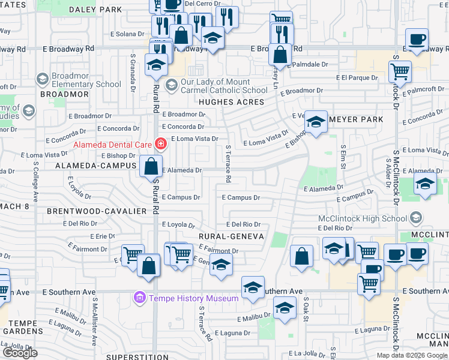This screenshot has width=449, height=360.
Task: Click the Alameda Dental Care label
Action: click(x=112, y=145)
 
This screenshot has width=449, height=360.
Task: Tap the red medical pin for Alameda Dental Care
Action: click(x=160, y=144)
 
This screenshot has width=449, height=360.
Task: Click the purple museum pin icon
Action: click(x=140, y=298)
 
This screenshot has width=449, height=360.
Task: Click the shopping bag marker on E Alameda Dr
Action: click(x=151, y=166)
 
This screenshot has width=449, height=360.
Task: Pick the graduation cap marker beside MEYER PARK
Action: click(x=316, y=122)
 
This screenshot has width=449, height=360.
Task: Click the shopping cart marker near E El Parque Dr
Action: click(x=399, y=73)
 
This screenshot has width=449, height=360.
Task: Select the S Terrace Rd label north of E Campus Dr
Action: click(x=228, y=163)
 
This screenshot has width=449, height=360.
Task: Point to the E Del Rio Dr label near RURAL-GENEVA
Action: click(x=243, y=224)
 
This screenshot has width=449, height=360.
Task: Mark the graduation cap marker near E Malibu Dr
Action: click(x=285, y=309)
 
